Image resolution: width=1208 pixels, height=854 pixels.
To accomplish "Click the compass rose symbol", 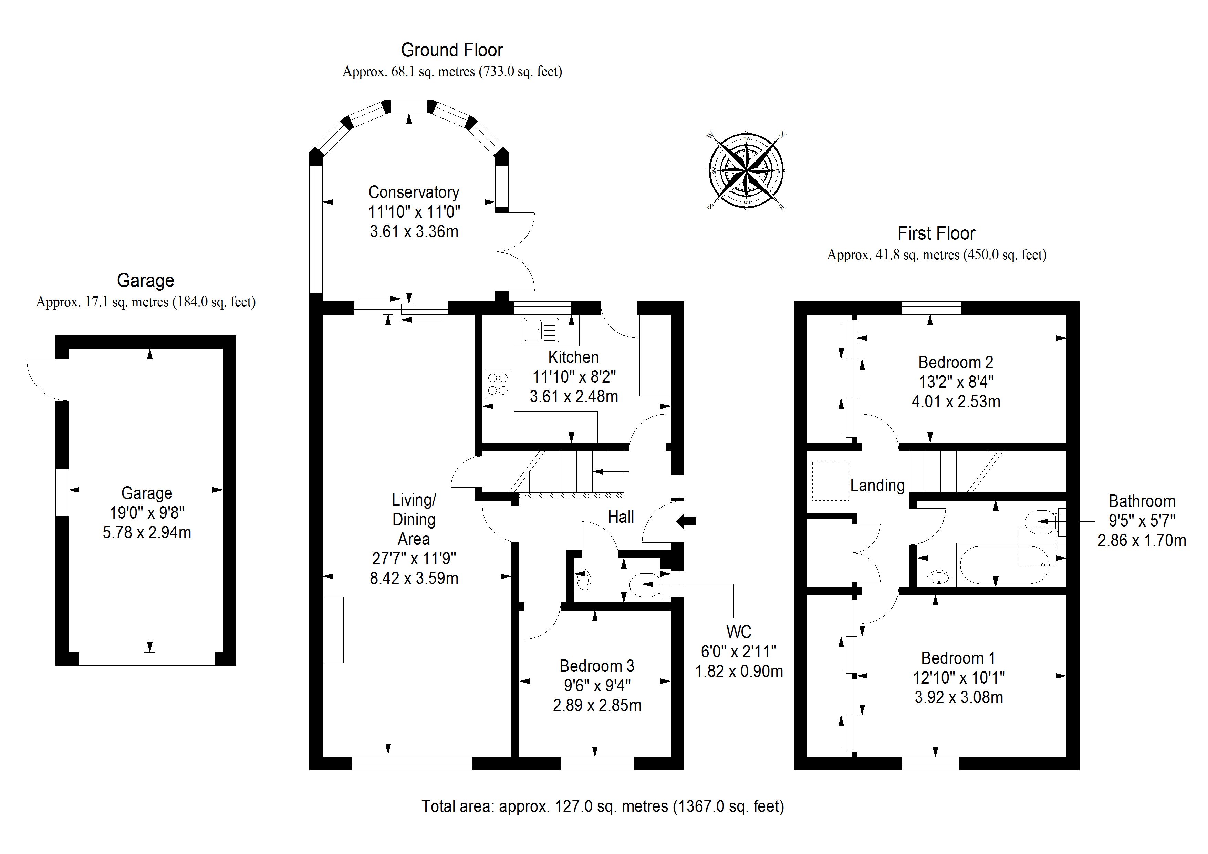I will coord(746,171).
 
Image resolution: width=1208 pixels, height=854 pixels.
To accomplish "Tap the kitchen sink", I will coord(540,331).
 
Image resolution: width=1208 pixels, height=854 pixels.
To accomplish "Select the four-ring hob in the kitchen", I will coord(498,384).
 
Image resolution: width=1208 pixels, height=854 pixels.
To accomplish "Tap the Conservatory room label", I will coord(414,192).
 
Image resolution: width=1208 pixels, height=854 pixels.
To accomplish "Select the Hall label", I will coord(621,517).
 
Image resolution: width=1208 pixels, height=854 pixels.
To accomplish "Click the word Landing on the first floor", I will coord(877,485).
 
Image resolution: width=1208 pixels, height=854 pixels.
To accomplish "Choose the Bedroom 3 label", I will coord(597,666).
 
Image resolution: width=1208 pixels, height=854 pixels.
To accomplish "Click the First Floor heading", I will coord(936,233).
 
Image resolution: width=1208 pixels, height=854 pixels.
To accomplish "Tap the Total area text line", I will coord(602,806).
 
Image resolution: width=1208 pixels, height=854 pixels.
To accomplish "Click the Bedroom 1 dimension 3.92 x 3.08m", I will coord(959,698).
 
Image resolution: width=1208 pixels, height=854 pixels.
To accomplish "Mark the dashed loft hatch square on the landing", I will coord(830,480).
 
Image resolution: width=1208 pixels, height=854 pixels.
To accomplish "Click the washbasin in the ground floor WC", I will coord(582,580).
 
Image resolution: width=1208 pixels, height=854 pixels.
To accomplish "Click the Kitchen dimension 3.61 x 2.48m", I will coord(573,396).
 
